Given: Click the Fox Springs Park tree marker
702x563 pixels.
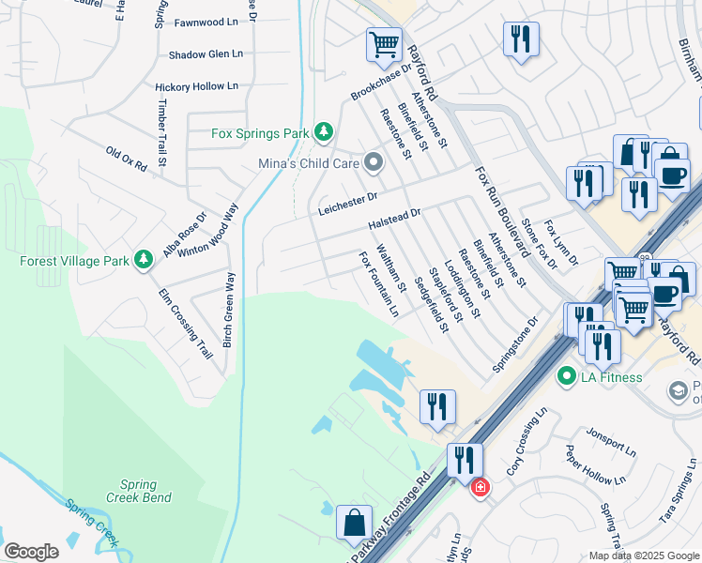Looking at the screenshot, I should click(324, 133).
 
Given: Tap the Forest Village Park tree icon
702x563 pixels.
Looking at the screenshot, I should click(143, 258).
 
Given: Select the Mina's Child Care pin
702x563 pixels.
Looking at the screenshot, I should click(374, 164).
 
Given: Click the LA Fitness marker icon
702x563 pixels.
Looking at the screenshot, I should click(566, 377).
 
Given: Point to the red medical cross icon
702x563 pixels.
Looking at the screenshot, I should click(480, 487).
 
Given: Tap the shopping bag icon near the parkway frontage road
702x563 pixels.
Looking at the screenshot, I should click(356, 524).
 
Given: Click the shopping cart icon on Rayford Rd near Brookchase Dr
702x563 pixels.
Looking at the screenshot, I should click(384, 43).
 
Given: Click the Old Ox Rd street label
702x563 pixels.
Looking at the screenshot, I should click(127, 158).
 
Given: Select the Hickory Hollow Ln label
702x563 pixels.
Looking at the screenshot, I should click(196, 86).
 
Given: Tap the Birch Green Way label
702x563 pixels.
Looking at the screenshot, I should click(228, 311).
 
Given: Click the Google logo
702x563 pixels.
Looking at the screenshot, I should click(31, 552).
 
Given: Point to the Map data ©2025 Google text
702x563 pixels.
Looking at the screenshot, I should click(643, 555).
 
